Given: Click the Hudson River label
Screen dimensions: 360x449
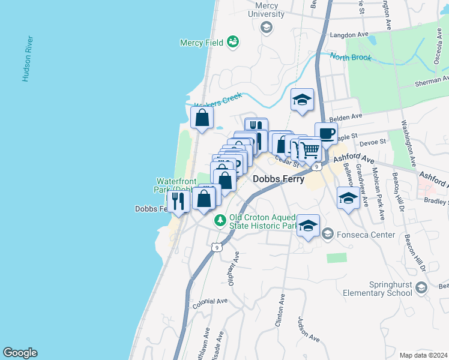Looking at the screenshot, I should point(27,59).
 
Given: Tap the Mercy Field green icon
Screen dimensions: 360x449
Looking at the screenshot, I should point(233,42).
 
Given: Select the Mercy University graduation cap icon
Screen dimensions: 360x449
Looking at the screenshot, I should point(267,27).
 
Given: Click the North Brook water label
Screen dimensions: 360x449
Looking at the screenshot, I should point(351,58).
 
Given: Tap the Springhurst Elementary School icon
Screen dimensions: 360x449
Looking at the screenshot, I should point(421,288).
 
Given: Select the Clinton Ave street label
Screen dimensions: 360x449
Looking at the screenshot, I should point(279,310).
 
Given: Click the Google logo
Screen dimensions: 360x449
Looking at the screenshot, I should point(20,353).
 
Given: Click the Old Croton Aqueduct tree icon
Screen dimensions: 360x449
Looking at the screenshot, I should point(220,221).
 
